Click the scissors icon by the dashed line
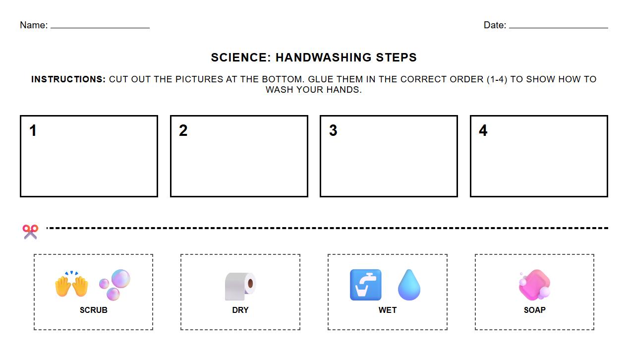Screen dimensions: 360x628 click(30, 232)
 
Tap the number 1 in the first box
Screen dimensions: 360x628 click(33, 130)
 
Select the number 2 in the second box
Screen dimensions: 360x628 click(183, 130)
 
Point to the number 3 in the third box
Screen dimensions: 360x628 click(333, 130)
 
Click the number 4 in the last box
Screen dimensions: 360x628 click(483, 130)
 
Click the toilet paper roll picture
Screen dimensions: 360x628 click(240, 286)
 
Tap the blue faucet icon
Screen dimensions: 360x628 click(366, 285)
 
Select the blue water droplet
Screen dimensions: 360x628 click(409, 285)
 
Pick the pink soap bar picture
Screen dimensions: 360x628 click(534, 285)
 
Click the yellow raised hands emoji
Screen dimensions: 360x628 click(71, 285)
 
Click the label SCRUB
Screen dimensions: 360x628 click(94, 310)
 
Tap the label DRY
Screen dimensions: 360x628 click(240, 310)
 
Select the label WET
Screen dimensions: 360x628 click(388, 310)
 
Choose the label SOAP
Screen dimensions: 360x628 click(535, 310)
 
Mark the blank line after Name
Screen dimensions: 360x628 click(100, 27)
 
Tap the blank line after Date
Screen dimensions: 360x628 click(558, 27)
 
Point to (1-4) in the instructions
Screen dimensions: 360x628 click(497, 79)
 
